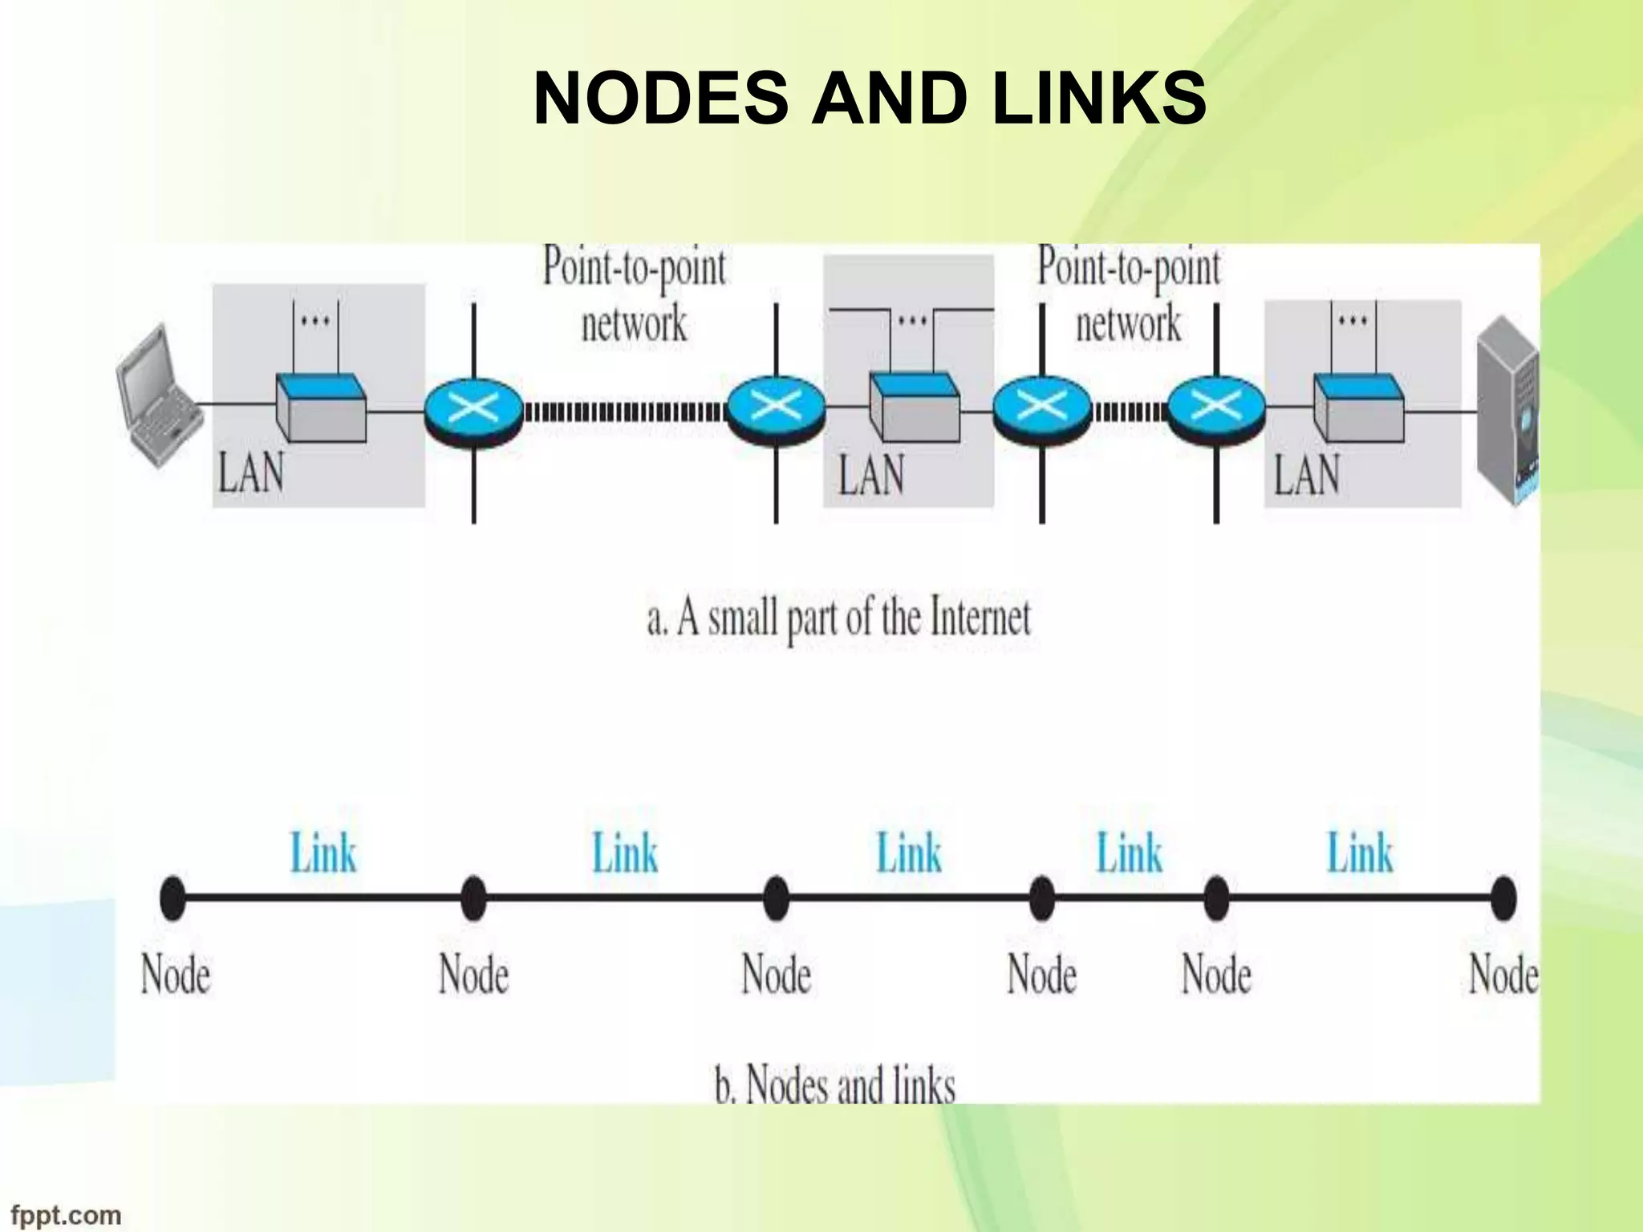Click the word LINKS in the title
1098,99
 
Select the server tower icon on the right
1507,409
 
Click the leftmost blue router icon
473,408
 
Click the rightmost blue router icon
1215,408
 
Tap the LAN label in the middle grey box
871,474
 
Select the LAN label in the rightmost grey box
1307,474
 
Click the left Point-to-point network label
634,294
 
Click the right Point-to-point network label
1128,294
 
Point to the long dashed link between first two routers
624,413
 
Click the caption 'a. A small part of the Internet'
838,618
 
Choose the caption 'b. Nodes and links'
835,1084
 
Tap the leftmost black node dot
172,898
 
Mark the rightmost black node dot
1503,898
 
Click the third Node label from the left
776,975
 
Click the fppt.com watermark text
66,1214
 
